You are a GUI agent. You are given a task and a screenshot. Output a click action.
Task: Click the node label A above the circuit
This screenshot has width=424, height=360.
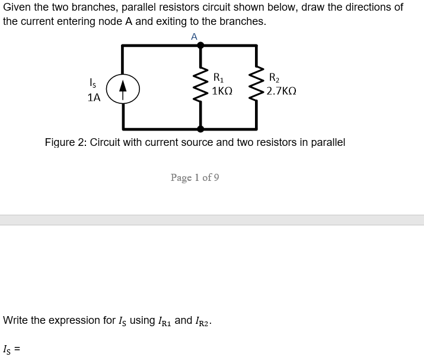pos(194,37)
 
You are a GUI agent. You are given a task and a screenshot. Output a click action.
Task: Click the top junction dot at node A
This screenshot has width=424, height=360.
pos(200,45)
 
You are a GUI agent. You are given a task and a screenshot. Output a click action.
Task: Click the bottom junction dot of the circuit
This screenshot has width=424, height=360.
pos(200,129)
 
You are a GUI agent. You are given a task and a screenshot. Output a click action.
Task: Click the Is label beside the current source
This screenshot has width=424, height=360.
pos(93,82)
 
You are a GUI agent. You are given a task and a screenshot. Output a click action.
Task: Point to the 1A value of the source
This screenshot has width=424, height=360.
pos(94,98)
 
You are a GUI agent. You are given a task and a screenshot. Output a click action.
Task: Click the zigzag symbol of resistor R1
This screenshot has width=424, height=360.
pos(200,86)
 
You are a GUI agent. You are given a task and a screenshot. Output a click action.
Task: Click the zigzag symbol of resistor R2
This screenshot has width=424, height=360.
pos(257,86)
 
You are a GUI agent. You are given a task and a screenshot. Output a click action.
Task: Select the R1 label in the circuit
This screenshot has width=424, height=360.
pos(218,77)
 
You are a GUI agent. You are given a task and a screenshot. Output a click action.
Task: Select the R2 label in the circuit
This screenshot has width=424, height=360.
pos(274,77)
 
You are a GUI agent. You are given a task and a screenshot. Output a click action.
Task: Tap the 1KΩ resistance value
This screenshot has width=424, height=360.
pos(222,92)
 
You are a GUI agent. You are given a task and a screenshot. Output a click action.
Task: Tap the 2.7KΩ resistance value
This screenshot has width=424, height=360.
pos(281,92)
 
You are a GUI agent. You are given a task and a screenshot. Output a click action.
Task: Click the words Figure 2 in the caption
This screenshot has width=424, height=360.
pos(65,142)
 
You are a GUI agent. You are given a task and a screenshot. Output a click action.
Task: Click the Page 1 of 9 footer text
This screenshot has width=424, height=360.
pos(195,177)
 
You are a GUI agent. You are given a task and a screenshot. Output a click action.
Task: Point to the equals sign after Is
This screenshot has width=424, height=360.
pos(18,351)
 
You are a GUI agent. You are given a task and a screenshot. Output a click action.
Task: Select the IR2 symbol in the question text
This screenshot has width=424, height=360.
pos(202,321)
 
